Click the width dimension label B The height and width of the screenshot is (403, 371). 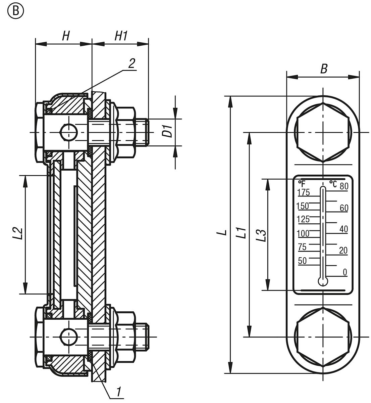(323, 69)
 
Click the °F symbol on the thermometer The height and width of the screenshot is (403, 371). (302, 183)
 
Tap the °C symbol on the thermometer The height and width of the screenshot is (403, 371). (332, 183)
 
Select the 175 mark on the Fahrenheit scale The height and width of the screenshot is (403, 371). (304, 192)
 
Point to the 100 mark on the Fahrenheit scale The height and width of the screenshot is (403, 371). (303, 233)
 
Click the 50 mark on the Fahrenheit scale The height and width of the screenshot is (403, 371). (302, 261)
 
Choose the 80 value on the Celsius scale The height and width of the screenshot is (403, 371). (344, 186)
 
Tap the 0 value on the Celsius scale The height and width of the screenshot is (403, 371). (345, 272)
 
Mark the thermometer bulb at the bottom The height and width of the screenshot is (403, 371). (323, 281)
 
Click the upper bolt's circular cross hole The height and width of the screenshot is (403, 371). (68, 132)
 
